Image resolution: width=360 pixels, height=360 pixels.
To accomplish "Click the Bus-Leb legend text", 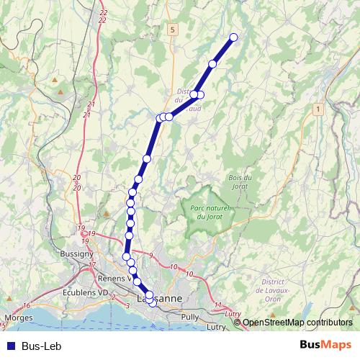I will [41, 346].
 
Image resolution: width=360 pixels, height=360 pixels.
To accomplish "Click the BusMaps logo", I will [326, 346].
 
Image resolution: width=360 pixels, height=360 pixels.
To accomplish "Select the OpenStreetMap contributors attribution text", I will [297, 323].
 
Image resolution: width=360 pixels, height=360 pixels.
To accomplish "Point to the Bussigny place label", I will [77, 253].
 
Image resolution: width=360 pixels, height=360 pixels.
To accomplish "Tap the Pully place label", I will [191, 317].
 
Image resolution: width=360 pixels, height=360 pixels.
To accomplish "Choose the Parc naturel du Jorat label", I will [210, 212].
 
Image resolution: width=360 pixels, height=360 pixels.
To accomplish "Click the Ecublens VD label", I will [85, 293].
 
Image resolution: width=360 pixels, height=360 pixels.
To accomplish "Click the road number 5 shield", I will [173, 30].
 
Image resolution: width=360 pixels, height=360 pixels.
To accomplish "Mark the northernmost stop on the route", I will [233, 37].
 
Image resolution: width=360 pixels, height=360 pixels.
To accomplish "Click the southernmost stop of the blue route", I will [153, 303].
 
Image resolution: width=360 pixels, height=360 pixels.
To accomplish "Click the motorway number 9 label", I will [152, 256].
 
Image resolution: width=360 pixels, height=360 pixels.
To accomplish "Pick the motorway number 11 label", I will [218, 306].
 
